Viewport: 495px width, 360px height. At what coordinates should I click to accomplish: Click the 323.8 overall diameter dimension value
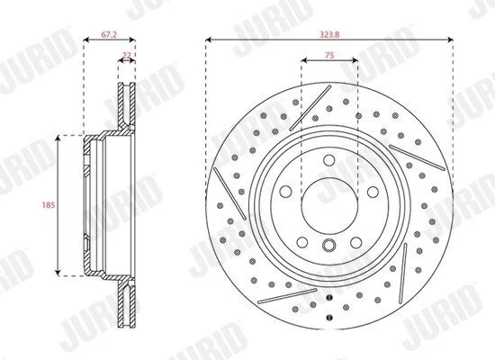click(x=329, y=35)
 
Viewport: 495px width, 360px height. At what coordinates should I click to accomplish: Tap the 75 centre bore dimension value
click(x=329, y=55)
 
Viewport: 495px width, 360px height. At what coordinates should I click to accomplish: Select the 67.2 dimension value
click(x=109, y=35)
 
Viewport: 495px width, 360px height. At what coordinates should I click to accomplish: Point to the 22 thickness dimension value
click(x=127, y=55)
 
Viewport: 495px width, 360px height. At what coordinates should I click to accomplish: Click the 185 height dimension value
click(x=49, y=205)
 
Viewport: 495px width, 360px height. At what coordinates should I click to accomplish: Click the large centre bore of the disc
click(x=329, y=206)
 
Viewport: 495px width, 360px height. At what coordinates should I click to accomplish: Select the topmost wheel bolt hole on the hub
click(x=329, y=160)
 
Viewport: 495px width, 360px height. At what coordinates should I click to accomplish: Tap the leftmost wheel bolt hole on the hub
click(x=285, y=192)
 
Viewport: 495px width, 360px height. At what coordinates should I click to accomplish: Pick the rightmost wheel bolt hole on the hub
click(x=373, y=192)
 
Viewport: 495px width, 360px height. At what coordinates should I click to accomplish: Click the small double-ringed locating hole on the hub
click(x=328, y=245)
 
